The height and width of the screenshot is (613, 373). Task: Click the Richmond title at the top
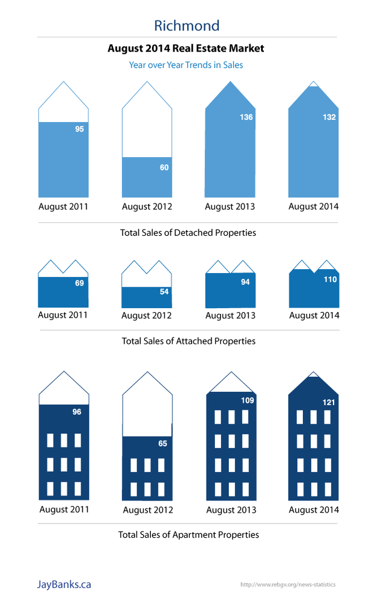click(x=186, y=25)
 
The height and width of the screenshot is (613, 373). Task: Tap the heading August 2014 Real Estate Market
click(x=186, y=49)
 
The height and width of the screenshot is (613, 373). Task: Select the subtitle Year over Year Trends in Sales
click(x=186, y=65)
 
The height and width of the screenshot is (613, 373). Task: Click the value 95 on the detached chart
click(x=79, y=129)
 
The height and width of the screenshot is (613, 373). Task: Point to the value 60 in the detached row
click(x=164, y=167)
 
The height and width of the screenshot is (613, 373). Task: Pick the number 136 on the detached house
click(x=246, y=117)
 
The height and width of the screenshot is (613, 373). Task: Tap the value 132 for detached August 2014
click(x=329, y=117)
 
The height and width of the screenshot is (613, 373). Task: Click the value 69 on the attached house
click(x=79, y=283)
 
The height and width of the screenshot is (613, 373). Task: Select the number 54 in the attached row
click(x=164, y=292)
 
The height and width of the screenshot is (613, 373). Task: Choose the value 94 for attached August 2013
click(x=245, y=282)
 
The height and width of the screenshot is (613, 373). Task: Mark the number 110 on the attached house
click(x=329, y=279)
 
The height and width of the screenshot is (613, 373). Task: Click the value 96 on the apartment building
click(x=77, y=412)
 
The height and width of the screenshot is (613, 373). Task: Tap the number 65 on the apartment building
click(x=162, y=443)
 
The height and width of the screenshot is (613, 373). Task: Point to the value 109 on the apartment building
click(x=247, y=400)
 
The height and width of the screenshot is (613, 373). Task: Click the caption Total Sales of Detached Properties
click(x=188, y=232)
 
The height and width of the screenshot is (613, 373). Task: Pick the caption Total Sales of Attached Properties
click(x=188, y=341)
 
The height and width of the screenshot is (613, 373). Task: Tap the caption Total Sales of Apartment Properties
click(x=188, y=534)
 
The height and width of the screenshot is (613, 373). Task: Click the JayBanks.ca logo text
click(x=64, y=584)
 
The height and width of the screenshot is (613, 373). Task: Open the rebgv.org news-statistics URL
click(x=288, y=585)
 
